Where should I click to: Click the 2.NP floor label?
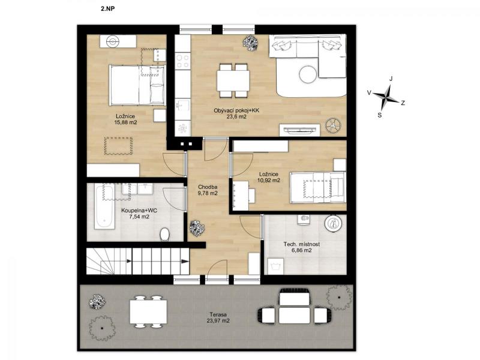point(107,9)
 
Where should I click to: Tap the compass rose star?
point(386,97)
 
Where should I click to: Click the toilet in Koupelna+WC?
point(164,234)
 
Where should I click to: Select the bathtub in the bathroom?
point(104,206)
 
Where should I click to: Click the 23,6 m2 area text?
point(236,116)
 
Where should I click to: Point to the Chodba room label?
point(208,187)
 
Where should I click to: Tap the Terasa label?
point(218,314)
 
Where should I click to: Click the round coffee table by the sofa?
point(307,74)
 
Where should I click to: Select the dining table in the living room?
point(233,80)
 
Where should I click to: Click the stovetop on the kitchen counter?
point(183,61)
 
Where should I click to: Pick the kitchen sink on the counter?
point(183,105)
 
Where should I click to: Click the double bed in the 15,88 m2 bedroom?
point(137,85)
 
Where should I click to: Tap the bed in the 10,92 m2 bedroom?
point(318,187)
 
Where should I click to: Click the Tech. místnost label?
point(302,244)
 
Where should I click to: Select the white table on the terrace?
point(148,311)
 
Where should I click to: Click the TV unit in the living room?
point(299,130)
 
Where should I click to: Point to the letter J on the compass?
point(391,79)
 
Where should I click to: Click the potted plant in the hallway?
point(197,229)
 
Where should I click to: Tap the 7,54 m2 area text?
point(139,217)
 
